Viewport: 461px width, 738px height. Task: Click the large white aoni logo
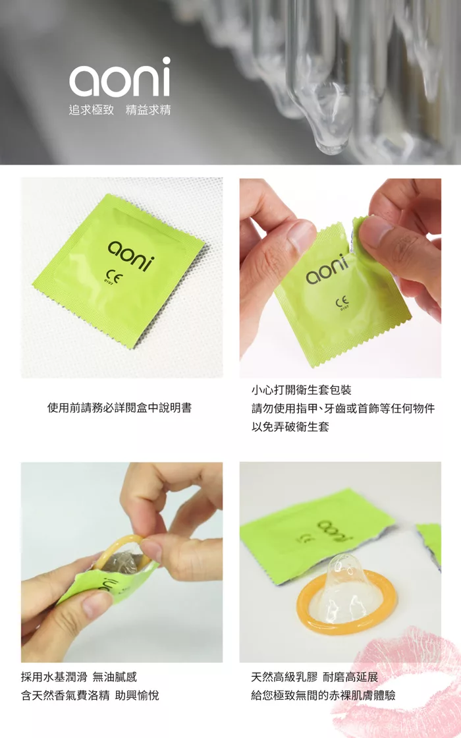pyautogui.click(x=119, y=76)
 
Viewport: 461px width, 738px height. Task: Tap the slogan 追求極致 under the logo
pyautogui.click(x=92, y=110)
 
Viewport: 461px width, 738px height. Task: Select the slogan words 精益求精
pyautogui.click(x=148, y=110)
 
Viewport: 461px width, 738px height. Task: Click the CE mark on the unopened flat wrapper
pyautogui.click(x=113, y=275)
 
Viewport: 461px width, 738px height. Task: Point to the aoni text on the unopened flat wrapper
pyautogui.click(x=131, y=256)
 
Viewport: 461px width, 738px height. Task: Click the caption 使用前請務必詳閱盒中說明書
pyautogui.click(x=119, y=408)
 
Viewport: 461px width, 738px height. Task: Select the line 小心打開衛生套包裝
pyautogui.click(x=302, y=389)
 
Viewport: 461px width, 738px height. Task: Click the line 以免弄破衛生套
pyautogui.click(x=290, y=427)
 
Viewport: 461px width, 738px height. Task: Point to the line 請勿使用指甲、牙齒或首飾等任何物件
pyautogui.click(x=343, y=408)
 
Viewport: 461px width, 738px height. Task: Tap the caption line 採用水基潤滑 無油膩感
pyautogui.click(x=79, y=677)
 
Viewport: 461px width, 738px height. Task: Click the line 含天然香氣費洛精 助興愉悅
pyautogui.click(x=90, y=695)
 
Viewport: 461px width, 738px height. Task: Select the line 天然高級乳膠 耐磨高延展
pyautogui.click(x=315, y=677)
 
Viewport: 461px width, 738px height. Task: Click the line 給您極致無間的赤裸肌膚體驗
pyautogui.click(x=323, y=695)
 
